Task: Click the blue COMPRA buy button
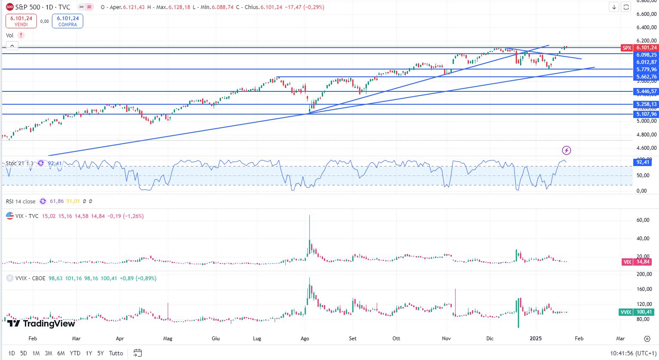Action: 67,21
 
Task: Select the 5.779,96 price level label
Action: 647,70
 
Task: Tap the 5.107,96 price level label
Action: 647,114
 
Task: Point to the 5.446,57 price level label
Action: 647,91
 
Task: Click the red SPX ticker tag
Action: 627,48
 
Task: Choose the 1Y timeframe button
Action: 89,353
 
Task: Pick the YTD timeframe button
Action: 75,353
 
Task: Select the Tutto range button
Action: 116,353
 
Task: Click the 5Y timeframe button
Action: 100,353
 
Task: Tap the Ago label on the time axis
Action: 305,338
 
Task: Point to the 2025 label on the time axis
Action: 536,338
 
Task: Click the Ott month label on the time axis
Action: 396,338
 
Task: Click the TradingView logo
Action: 41,324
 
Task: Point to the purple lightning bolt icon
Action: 567,150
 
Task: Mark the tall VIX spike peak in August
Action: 309,216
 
